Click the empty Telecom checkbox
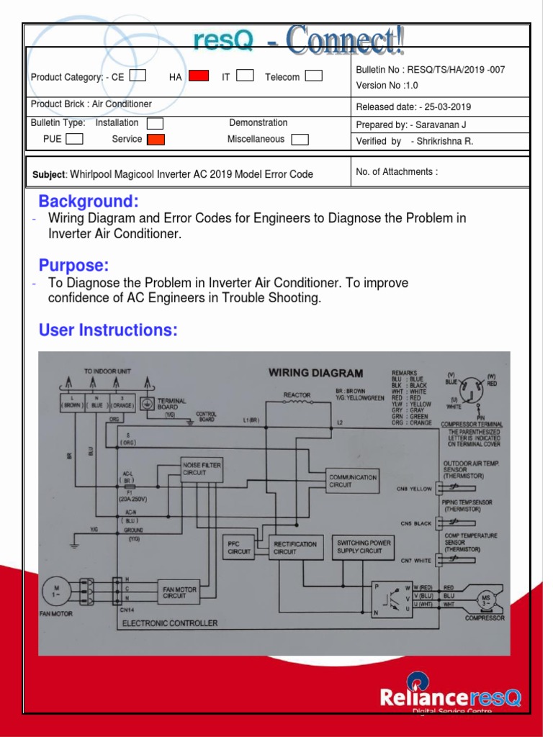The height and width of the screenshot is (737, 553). (x=313, y=76)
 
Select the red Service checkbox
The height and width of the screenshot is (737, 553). (x=156, y=140)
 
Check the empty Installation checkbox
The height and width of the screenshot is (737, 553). (x=155, y=124)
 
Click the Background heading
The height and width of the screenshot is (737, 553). (x=89, y=201)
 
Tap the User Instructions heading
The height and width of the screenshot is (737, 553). (x=108, y=330)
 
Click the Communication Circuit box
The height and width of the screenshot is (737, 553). (x=352, y=481)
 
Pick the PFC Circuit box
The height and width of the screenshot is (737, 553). (x=238, y=548)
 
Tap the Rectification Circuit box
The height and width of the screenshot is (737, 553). (x=294, y=548)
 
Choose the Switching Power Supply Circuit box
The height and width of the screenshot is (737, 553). (x=364, y=547)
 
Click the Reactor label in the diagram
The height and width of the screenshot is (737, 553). (x=297, y=395)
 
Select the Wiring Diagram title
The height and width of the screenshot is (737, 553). (x=315, y=373)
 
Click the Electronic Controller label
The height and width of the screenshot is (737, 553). (x=169, y=623)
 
